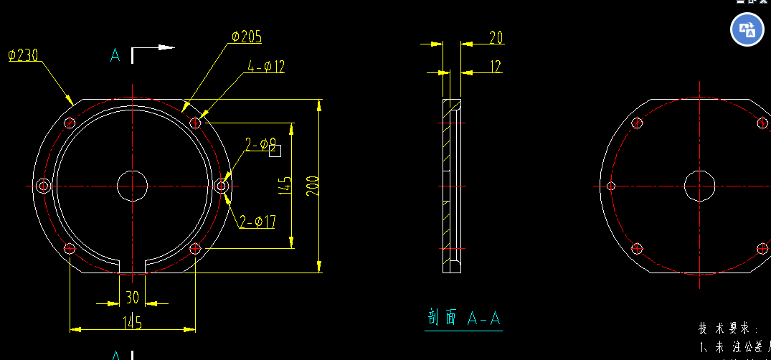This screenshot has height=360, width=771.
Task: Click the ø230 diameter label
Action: (x=23, y=55)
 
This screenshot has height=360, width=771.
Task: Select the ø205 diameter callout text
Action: (x=246, y=37)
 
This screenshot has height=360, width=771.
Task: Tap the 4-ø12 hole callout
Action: (x=266, y=67)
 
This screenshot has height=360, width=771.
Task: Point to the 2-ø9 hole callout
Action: (x=261, y=146)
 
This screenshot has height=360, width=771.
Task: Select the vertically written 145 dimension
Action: (x=285, y=186)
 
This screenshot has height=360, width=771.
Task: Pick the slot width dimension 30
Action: (x=133, y=297)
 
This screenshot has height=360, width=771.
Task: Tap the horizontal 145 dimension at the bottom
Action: (x=132, y=323)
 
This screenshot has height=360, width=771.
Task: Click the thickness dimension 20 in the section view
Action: (x=496, y=38)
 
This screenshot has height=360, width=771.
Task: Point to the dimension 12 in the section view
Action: (x=496, y=67)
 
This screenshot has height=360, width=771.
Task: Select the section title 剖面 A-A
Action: (x=463, y=318)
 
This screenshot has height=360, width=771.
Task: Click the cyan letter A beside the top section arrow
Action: (x=115, y=55)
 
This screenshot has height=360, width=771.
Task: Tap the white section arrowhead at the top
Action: (x=166, y=48)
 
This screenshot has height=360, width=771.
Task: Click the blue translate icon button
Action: (x=747, y=30)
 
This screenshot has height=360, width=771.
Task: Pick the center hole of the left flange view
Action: (x=132, y=186)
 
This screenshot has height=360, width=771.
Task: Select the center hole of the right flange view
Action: (x=699, y=186)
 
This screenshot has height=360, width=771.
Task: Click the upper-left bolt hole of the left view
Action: (x=70, y=123)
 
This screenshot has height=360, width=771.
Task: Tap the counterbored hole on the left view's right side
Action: (x=222, y=186)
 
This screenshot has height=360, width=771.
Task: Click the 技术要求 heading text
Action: (x=728, y=328)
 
